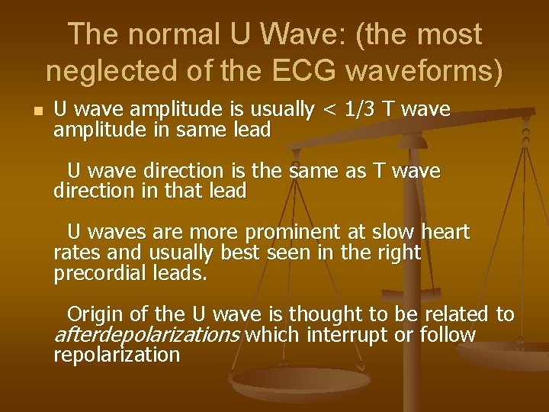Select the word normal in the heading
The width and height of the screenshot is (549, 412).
[x=182, y=34]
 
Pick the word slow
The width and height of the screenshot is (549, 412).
[x=387, y=232]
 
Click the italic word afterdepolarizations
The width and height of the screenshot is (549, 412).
[x=147, y=335]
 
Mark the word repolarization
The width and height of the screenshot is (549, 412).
[x=117, y=355]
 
